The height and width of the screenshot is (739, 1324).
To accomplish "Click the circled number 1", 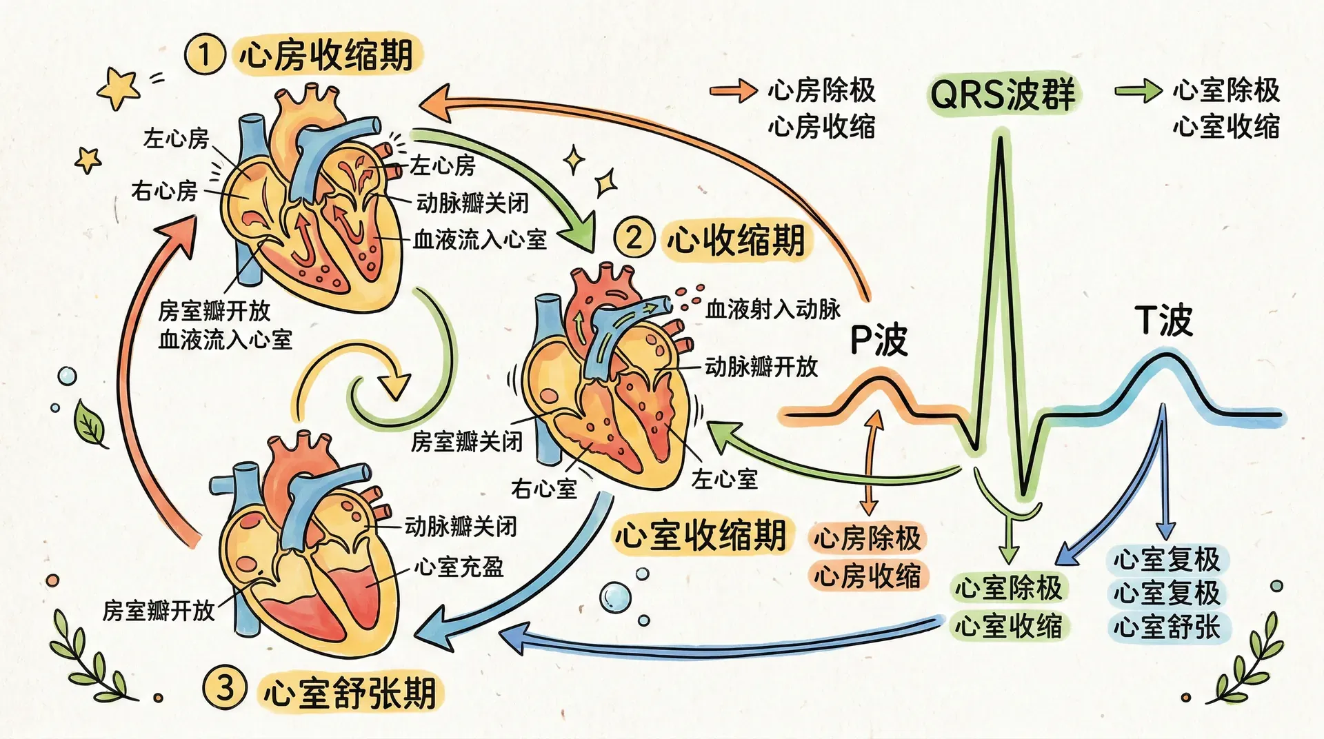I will tap(204, 54).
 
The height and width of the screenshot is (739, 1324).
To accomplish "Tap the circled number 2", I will tap(633, 238).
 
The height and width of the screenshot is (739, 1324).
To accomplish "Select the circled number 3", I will tap(224, 688).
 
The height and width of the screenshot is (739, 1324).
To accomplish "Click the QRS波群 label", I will tap(1003, 94).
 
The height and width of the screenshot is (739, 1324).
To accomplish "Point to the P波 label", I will tap(879, 339).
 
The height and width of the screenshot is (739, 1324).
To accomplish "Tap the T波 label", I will tap(1163, 321).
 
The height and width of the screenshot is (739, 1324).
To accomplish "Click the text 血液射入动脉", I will tap(773, 310).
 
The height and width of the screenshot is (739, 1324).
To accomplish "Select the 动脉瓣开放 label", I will tap(761, 366).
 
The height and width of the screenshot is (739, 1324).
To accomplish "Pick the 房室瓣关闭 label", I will tap(467, 442).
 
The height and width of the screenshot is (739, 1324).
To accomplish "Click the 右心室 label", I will tap(544, 489).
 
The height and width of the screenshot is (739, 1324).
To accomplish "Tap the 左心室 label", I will tap(725, 479).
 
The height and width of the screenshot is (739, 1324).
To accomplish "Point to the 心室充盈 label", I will tap(459, 567).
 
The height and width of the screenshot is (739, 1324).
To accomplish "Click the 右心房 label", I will tap(164, 190).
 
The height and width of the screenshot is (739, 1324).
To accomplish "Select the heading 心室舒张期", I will tap(350, 692).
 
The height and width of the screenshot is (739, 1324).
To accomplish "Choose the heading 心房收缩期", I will tap(326, 55).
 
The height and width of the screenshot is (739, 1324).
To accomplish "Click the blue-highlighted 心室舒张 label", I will tap(1167, 627).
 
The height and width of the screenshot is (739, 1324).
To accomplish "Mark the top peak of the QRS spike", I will tap(999, 138).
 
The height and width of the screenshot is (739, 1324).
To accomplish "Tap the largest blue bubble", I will tap(614, 596).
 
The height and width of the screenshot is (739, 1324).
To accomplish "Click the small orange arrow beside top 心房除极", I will tap(733, 90).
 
